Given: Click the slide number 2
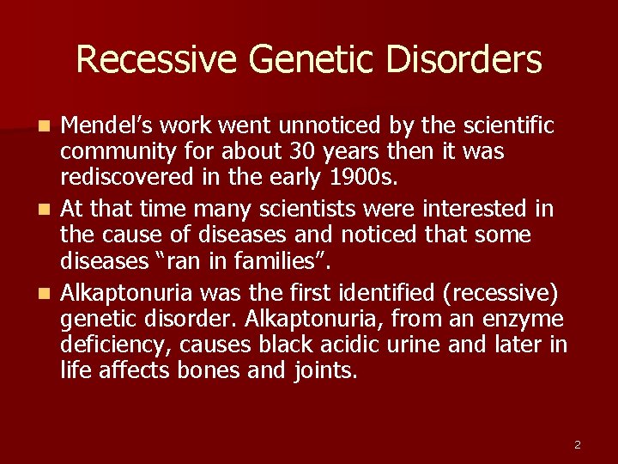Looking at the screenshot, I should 577,444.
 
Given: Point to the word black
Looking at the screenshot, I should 309,345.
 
